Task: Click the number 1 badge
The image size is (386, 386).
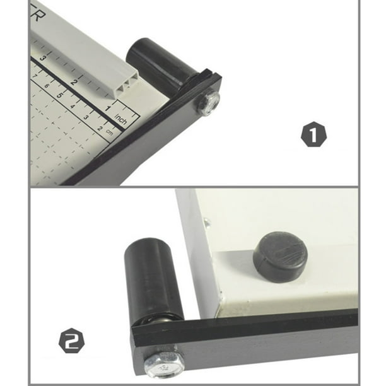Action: pyautogui.click(x=314, y=136)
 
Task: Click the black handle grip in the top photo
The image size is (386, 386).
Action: pyautogui.click(x=157, y=63)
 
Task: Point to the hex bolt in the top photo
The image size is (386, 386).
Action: pyautogui.click(x=208, y=102)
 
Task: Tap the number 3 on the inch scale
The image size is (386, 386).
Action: pyautogui.click(x=43, y=58)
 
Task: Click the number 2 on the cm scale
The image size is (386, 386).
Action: pyautogui.click(x=99, y=128)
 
